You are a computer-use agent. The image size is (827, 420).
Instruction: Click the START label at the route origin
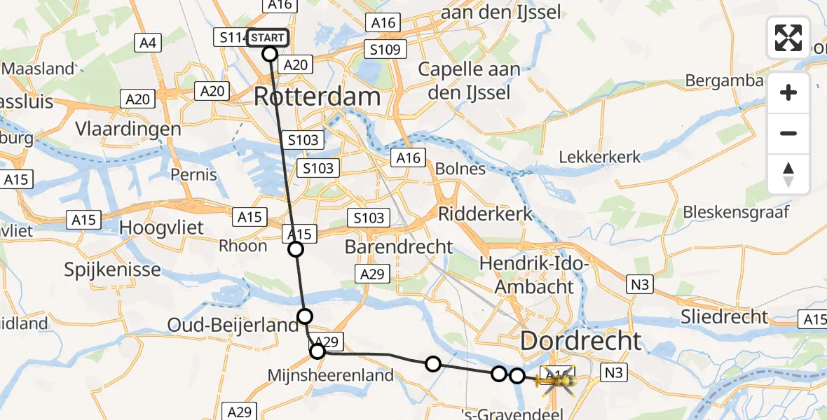267,38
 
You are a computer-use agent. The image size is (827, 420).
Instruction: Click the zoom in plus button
788,92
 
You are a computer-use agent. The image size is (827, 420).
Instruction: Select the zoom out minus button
788,133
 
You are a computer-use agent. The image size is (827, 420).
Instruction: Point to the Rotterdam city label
317,97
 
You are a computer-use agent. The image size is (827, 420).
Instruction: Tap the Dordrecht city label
580,341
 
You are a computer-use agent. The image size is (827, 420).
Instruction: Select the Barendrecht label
399,247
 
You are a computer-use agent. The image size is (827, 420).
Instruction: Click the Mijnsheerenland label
331,375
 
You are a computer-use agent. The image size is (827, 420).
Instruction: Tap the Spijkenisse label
112,269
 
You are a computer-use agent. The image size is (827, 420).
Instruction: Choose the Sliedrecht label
725,316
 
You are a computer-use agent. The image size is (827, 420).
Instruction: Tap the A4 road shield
147,43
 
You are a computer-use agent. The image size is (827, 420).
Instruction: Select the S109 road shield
386,49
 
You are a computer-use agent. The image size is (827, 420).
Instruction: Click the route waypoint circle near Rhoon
296,249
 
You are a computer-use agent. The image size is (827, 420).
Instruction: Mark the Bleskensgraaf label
737,211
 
